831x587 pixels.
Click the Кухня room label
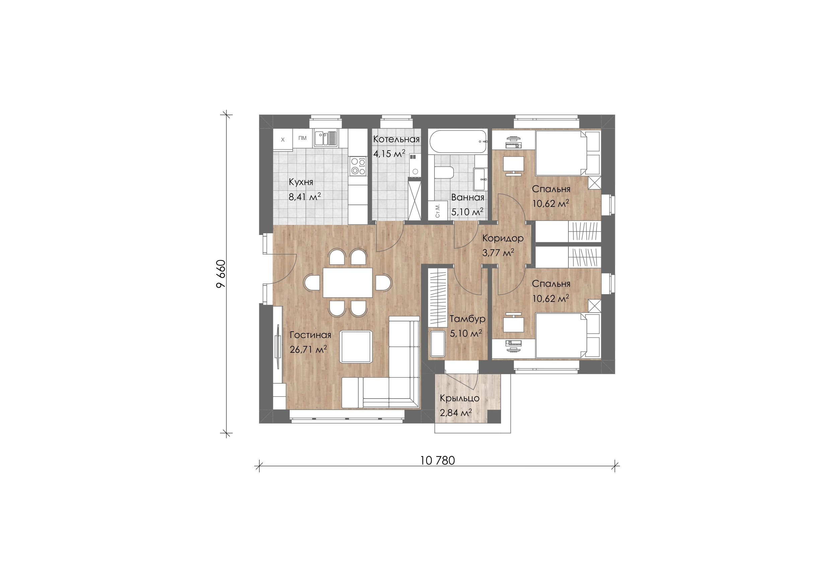click(301, 182)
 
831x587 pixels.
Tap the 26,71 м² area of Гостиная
click(308, 349)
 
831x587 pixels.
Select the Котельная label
click(396, 139)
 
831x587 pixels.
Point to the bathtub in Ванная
click(458, 142)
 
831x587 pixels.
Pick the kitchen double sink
click(73, 138)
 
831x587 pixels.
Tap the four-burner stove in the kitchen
click(105, 166)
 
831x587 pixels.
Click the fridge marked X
click(283, 140)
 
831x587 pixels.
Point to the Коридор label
click(503, 238)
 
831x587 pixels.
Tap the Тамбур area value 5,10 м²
click(466, 333)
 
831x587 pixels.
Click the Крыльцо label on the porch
click(460, 399)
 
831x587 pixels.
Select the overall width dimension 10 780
click(437, 460)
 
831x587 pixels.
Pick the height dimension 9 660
click(221, 273)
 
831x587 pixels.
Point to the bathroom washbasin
click(480, 179)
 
